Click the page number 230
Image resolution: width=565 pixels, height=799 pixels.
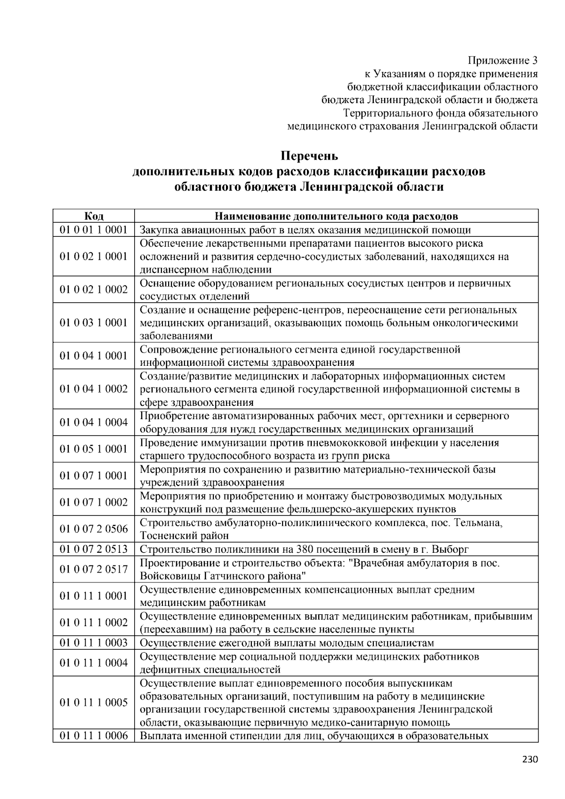(x=530, y=759)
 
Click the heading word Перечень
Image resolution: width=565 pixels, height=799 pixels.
(x=309, y=155)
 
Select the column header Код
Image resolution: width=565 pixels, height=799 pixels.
(x=94, y=216)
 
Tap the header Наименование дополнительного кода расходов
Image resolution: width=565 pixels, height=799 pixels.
(x=336, y=216)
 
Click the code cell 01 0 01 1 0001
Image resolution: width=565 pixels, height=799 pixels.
(x=94, y=230)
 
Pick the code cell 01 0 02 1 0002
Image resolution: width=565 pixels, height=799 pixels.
(x=94, y=290)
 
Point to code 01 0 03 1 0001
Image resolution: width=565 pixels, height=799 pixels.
(x=94, y=323)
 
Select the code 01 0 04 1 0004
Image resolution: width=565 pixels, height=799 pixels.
(x=94, y=422)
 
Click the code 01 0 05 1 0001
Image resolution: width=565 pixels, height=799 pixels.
(x=94, y=449)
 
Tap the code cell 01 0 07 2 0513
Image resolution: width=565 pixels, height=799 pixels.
(x=94, y=549)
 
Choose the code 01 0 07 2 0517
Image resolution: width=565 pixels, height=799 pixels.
(x=94, y=569)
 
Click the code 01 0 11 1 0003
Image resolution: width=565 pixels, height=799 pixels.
(x=94, y=643)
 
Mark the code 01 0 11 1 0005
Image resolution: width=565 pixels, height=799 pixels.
(x=94, y=702)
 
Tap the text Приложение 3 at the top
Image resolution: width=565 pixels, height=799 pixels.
(x=502, y=60)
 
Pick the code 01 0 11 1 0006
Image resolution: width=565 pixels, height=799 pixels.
(x=94, y=735)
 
